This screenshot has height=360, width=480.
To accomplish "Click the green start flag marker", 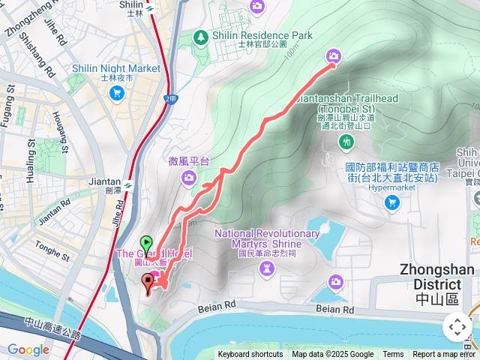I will [146, 243].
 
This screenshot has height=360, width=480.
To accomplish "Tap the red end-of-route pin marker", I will [147, 283].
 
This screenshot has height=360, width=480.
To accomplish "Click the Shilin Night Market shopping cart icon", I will [117, 93].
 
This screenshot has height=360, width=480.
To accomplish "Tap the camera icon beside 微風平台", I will [189, 177].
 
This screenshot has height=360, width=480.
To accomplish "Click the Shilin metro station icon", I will [150, 8].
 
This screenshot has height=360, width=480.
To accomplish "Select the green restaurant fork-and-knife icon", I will [346, 141].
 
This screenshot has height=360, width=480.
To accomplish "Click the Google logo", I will [28, 349].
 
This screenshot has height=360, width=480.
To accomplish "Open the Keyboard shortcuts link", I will [250, 355].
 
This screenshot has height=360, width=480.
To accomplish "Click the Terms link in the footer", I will [393, 355].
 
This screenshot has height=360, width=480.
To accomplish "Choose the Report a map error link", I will [445, 355].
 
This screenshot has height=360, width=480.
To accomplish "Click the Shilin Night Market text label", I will [116, 68].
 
